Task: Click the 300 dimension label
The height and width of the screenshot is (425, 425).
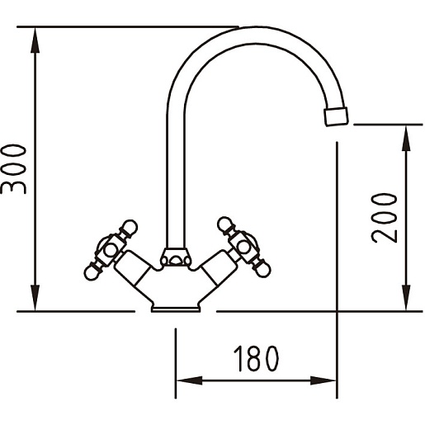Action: click(13, 169)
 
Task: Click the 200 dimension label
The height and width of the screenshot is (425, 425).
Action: click(385, 218)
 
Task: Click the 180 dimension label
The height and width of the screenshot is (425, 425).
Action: click(256, 359)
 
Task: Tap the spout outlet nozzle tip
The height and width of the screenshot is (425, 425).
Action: click(336, 116)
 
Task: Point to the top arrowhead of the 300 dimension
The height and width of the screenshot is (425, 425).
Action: click(35, 40)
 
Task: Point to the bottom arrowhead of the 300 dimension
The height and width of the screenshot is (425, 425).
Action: click(35, 298)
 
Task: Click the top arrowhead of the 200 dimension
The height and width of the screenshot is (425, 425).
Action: click(406, 138)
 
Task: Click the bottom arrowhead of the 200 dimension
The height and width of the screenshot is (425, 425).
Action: click(406, 298)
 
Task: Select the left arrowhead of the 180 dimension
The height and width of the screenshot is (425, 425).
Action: click(189, 380)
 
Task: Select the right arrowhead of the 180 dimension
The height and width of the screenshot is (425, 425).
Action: click(323, 380)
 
